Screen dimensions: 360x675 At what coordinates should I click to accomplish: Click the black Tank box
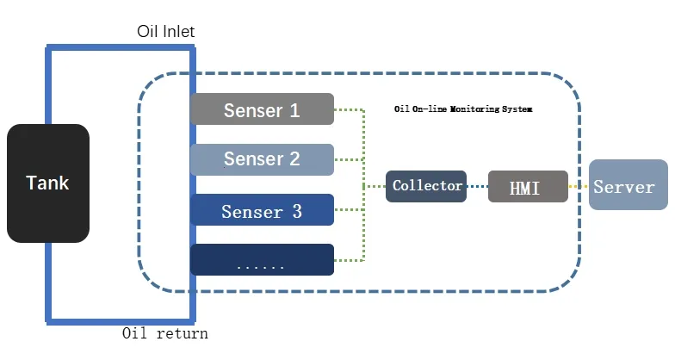[48, 183]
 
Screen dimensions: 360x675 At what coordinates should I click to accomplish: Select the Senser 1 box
[262, 109]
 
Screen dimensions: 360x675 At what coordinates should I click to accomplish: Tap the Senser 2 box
[262, 159]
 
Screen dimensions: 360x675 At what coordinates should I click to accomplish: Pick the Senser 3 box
[262, 210]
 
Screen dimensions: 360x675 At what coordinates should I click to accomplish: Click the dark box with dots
[262, 260]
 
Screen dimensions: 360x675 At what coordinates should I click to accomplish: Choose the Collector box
[426, 186]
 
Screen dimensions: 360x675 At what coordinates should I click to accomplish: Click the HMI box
[528, 187]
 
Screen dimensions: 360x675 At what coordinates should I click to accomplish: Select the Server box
[629, 186]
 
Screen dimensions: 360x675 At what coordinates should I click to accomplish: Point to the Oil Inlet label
[166, 32]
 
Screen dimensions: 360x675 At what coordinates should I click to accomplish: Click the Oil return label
[164, 333]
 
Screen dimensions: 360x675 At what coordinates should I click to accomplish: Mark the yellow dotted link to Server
[579, 186]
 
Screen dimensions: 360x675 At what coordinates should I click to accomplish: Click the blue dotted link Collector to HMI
[477, 186]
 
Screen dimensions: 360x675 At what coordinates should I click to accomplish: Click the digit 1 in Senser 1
[294, 110]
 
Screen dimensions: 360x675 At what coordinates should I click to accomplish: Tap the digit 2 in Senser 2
[294, 159]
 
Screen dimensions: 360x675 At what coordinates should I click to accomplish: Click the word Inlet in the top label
[178, 32]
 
